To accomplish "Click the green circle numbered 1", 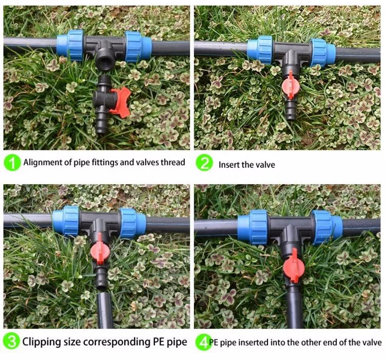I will (x=13, y=163).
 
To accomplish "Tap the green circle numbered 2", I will (x=204, y=163).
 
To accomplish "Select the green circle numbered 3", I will (x=12, y=342).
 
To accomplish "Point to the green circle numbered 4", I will (x=204, y=342).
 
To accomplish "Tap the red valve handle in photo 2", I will (x=291, y=83).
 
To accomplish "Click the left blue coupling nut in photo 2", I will (x=260, y=50).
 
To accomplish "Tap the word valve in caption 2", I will (x=265, y=165).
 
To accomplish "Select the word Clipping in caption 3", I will (x=44, y=342).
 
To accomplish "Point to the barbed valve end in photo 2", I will (x=291, y=109).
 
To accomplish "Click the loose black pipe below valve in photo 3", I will (x=103, y=308).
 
